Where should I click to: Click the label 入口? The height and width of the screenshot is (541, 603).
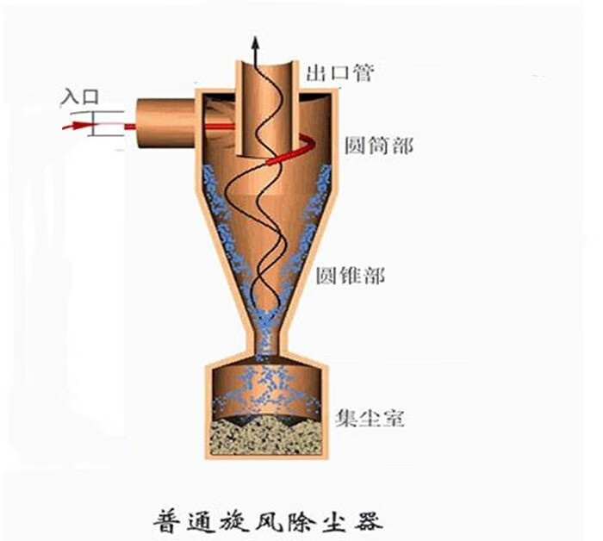coord(80,96)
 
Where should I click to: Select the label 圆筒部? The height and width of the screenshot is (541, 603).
coord(379,146)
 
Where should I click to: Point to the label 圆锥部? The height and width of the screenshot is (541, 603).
coord(351,275)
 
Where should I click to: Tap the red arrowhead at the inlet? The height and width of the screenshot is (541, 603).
coord(80,125)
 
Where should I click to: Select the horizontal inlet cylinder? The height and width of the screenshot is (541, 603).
coord(166,122)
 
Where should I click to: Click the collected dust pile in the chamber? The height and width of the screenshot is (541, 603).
coord(267,436)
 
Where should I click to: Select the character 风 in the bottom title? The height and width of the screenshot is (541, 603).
coord(269,520)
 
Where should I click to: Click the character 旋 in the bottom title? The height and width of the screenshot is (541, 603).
coord(235,520)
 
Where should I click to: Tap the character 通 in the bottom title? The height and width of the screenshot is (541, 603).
coord(202,520)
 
